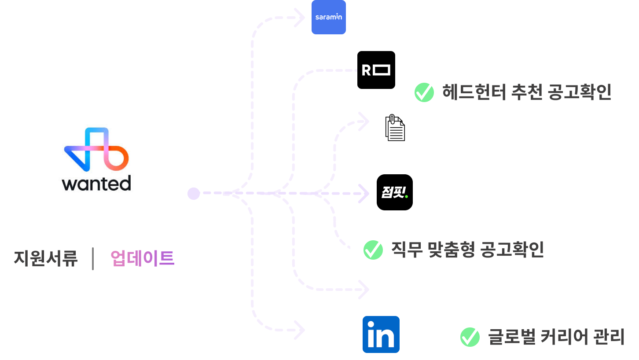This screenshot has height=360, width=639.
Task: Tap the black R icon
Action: click(x=377, y=70)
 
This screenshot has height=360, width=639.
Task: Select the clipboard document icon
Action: click(x=395, y=128)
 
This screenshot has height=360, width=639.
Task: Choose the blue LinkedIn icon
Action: click(x=381, y=335)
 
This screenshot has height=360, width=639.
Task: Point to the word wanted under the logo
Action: click(x=96, y=183)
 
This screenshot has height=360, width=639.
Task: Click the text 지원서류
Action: click(x=46, y=258)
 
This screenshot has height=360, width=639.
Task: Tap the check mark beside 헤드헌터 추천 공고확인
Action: click(x=424, y=92)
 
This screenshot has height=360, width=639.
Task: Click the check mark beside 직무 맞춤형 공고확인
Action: click(x=373, y=250)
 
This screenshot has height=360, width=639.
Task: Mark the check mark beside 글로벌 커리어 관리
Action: click(x=470, y=338)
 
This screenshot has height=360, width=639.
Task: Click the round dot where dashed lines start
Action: click(x=194, y=193)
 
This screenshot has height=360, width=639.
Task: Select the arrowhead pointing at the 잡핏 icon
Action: click(x=364, y=193)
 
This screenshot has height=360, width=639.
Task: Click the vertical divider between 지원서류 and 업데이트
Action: click(x=93, y=258)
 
